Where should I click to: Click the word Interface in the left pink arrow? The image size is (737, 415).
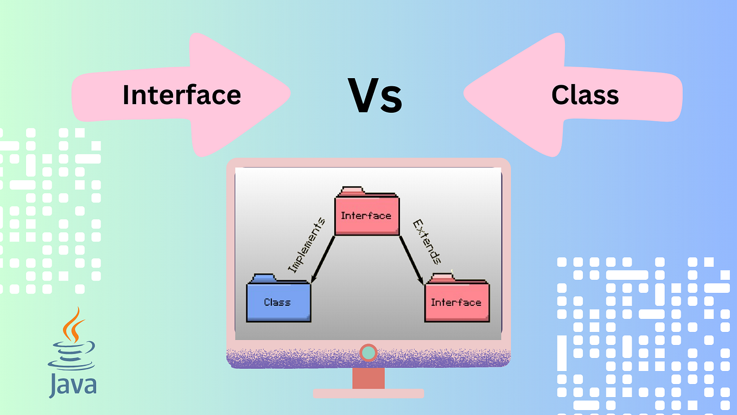181,95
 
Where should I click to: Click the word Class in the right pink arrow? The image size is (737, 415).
585,95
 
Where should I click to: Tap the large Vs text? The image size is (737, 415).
376,96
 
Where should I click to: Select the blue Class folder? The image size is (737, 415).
278,302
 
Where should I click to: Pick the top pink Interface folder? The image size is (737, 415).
367,215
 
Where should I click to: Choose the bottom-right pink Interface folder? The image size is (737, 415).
456,302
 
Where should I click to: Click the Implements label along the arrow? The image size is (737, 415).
307,245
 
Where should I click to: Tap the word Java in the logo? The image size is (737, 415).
72,384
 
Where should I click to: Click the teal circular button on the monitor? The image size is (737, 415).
368,353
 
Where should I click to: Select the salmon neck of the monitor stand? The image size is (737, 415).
368,378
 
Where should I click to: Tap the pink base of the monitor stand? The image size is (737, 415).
368,393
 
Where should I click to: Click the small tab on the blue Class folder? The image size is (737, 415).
263,278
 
